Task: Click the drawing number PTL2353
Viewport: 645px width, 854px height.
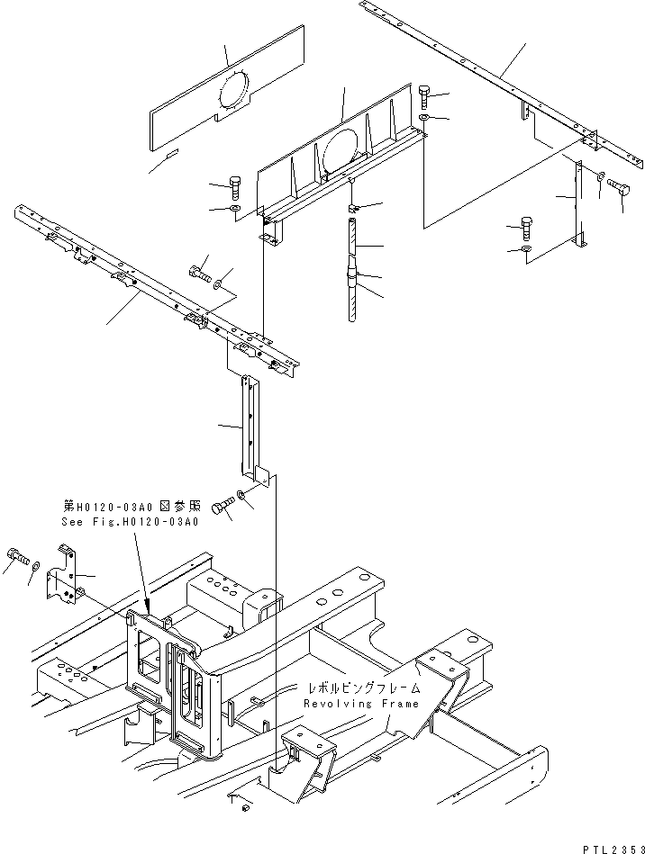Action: (609, 839)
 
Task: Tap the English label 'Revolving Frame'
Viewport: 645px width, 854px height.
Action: (344, 704)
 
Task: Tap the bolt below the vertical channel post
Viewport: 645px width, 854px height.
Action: (223, 509)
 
